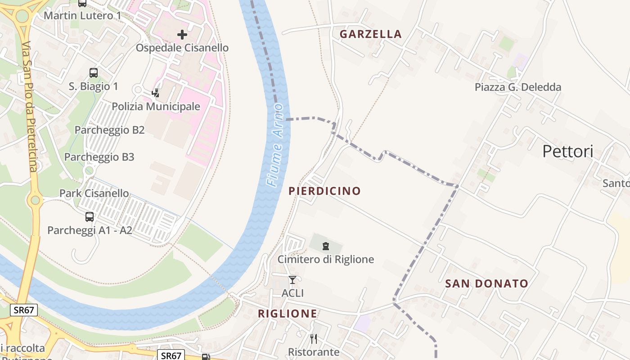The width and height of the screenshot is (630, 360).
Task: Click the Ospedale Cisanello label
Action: (x=182, y=48)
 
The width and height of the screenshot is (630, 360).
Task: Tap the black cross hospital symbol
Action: (x=182, y=35)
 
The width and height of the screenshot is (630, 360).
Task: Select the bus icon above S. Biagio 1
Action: (x=94, y=72)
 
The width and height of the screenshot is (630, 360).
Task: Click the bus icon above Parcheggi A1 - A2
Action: (x=90, y=217)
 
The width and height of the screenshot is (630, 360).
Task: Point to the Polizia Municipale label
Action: (x=156, y=107)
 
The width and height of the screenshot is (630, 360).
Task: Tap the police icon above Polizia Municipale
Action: (x=156, y=93)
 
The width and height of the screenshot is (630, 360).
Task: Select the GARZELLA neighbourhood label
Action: (x=370, y=34)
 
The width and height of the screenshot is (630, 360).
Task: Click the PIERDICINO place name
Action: (x=324, y=191)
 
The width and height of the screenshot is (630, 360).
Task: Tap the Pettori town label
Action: (x=567, y=151)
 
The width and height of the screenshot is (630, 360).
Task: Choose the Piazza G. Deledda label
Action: (x=518, y=87)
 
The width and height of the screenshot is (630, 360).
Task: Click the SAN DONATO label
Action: (x=486, y=283)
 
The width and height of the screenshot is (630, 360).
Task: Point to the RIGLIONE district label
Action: (x=287, y=314)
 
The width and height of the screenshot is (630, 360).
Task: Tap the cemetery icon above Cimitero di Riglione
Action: (x=325, y=246)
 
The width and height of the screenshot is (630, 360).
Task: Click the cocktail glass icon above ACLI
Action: (x=292, y=280)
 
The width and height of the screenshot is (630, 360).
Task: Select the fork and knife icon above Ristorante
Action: (x=314, y=338)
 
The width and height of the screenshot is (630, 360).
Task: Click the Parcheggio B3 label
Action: (x=99, y=157)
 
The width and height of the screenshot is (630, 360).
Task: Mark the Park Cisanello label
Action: (x=94, y=193)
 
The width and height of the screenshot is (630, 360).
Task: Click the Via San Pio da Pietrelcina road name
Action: (x=30, y=107)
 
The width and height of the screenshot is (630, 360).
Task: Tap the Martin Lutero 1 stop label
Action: (x=82, y=16)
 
